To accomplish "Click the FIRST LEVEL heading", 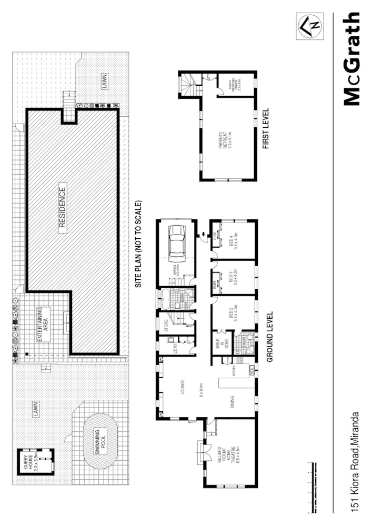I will pyautogui.click(x=266, y=128).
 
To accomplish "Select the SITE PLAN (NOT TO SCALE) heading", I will pyautogui.click(x=139, y=243).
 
